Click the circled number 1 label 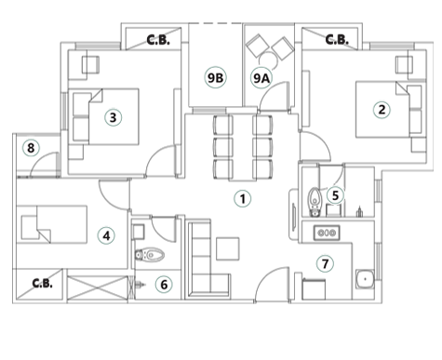[x=242, y=198]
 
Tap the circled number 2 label [x=381, y=110]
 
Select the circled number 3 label [x=113, y=117]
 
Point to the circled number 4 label [x=107, y=236]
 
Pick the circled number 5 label [x=335, y=195]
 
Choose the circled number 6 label [x=164, y=285]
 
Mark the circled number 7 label [x=325, y=264]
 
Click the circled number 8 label [x=31, y=148]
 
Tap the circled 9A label [x=261, y=79]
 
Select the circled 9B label [x=215, y=77]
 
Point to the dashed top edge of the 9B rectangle [x=216, y=24]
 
